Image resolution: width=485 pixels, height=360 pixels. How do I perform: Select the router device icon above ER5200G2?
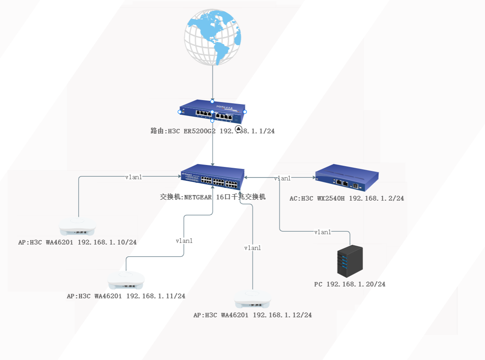212,111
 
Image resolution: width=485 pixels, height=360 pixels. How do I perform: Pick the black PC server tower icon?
350,261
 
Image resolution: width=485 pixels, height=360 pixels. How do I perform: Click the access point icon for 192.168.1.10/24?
77,226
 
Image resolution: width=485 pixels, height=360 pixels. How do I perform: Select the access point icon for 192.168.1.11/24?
126,280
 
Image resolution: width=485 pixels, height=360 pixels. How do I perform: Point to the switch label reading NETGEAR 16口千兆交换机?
213,197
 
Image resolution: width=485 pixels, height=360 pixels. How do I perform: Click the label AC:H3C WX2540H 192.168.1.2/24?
347,198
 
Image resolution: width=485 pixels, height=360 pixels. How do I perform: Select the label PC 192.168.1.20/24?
350,284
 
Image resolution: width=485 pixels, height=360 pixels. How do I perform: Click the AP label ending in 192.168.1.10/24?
77,242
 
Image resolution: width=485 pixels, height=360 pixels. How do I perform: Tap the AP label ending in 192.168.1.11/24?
126,296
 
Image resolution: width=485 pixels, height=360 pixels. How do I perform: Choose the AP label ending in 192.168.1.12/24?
253,315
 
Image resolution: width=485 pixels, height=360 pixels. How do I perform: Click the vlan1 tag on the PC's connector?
323,232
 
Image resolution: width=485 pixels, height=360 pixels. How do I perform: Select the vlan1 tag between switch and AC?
282,178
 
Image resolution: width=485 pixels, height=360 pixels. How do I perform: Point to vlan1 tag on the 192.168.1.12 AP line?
253,248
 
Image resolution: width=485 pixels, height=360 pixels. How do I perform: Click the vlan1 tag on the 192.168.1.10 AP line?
134,177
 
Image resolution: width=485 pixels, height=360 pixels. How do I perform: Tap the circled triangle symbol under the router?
238,129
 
